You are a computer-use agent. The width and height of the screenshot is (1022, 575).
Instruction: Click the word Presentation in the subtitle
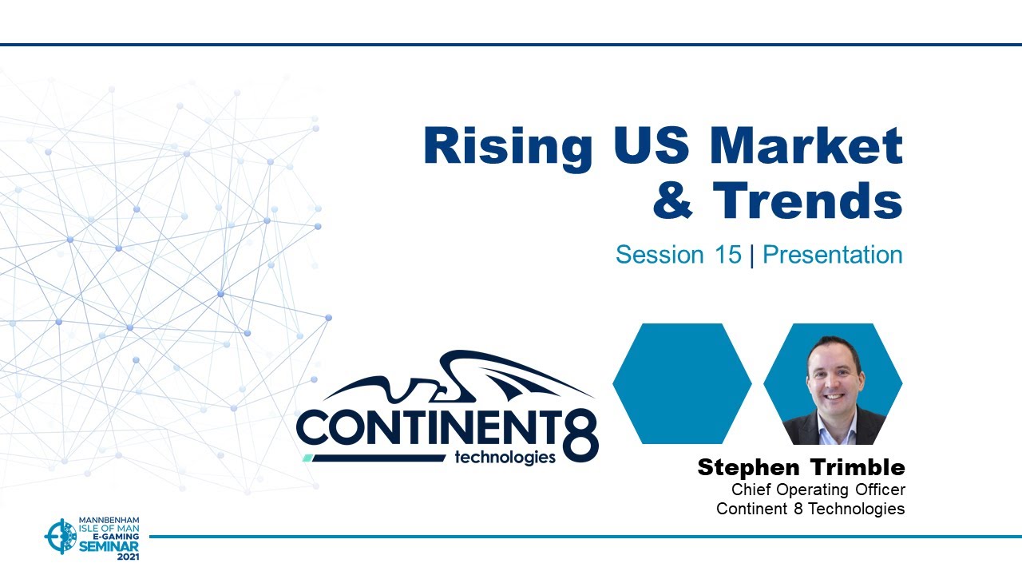pos(832,255)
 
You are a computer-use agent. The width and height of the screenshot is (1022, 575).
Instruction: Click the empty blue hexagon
pos(682,384)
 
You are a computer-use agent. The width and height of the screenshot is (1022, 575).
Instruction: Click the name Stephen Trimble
pos(801,467)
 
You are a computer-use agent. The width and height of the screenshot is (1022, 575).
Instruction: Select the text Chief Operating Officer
pos(818,490)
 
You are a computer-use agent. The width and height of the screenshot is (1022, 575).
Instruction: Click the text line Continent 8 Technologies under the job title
pos(810,509)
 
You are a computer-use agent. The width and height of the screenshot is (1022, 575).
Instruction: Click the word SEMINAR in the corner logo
pos(109,545)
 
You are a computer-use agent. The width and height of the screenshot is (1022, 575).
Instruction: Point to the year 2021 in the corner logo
pos(128,557)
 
